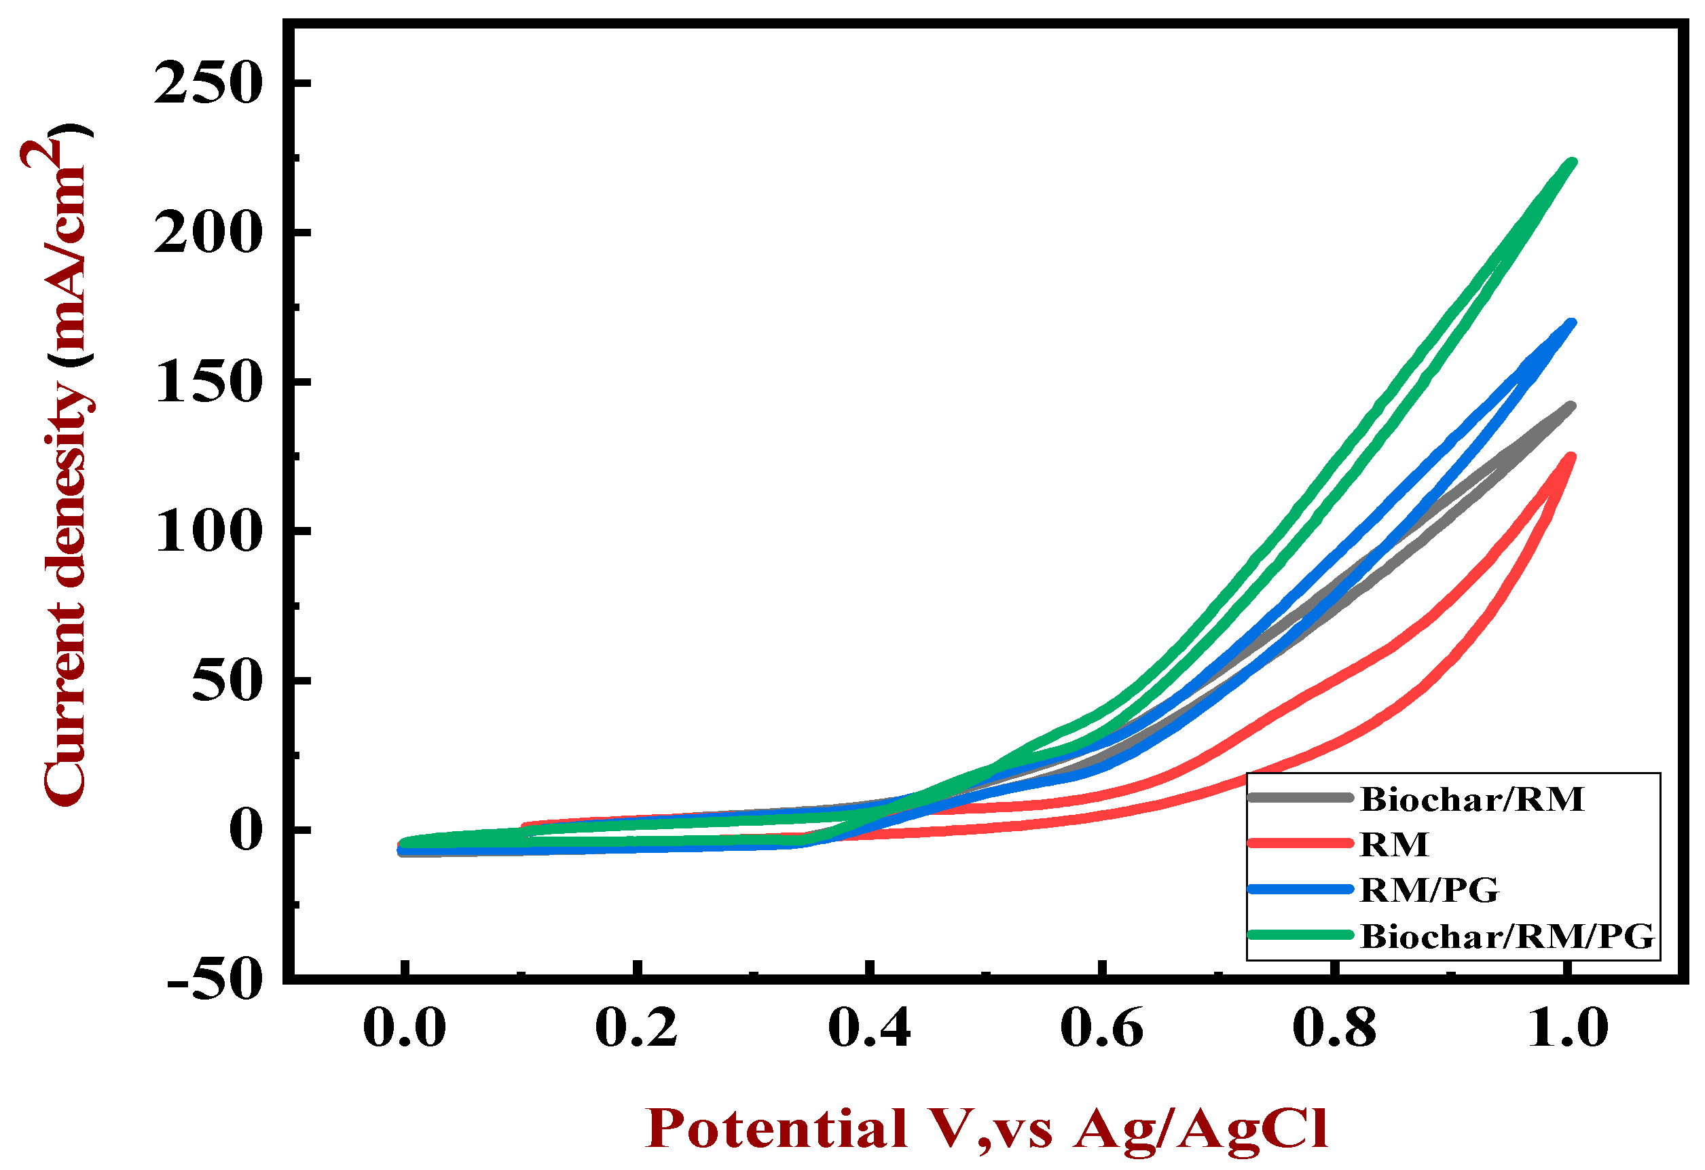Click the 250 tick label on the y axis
click(x=208, y=84)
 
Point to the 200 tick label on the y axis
click(x=208, y=234)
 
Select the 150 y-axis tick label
click(x=208, y=383)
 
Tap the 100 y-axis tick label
click(x=208, y=532)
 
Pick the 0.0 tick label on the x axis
click(x=404, y=1029)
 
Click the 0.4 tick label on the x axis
click(x=869, y=1029)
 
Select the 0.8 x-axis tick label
click(x=1334, y=1029)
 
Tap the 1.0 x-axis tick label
click(x=1567, y=1029)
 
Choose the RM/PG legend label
click(x=1429, y=890)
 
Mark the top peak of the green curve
click(x=1571, y=163)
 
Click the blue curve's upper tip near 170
click(x=1571, y=323)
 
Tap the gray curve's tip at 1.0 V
click(x=1571, y=406)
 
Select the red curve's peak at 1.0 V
click(x=1571, y=458)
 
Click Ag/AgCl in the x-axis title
click(x=1200, y=1128)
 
